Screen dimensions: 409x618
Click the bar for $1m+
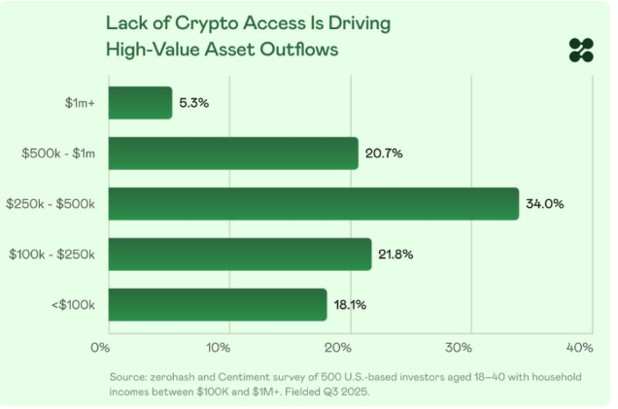[140, 103]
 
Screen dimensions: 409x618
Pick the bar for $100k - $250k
[239, 255]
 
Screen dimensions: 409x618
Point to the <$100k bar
[217, 304]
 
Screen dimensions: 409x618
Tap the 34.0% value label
[545, 204]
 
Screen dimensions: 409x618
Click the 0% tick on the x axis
[99, 347]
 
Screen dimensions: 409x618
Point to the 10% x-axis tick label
[218, 347]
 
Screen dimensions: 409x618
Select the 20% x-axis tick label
[337, 347]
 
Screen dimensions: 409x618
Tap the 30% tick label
[459, 347]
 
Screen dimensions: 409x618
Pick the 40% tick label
[578, 347]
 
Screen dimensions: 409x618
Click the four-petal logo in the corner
[581, 50]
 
